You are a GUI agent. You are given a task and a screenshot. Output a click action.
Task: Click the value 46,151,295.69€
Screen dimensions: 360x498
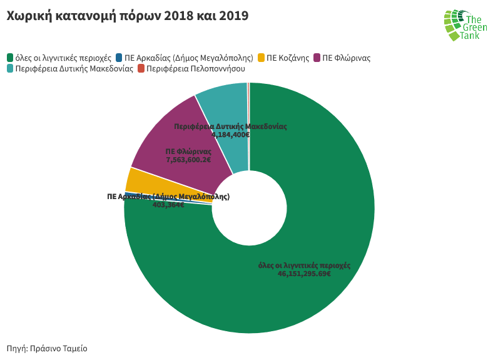click(304, 274)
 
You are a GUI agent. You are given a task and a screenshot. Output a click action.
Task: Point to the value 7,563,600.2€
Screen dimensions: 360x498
click(188, 160)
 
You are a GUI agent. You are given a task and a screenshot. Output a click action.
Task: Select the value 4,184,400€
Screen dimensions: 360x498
click(230, 135)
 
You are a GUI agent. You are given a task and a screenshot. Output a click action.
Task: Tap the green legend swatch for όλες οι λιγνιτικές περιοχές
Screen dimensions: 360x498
click(10, 58)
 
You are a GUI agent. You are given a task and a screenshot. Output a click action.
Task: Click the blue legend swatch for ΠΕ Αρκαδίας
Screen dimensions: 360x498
click(119, 58)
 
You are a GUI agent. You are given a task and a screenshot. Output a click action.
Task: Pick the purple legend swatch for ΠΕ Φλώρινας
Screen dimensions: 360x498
click(317, 58)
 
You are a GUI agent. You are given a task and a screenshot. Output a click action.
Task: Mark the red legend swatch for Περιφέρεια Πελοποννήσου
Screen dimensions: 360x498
click(141, 68)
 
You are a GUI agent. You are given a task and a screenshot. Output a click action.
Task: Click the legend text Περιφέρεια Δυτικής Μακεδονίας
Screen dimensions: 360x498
click(74, 68)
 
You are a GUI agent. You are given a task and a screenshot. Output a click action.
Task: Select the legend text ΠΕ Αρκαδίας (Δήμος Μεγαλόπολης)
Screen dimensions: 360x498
click(188, 58)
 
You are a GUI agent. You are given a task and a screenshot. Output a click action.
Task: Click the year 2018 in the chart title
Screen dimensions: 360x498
click(180, 16)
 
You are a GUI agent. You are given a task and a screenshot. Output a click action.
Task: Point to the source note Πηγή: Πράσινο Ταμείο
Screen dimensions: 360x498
click(47, 348)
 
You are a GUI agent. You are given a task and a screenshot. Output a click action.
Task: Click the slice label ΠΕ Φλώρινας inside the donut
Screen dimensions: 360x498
click(188, 152)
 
